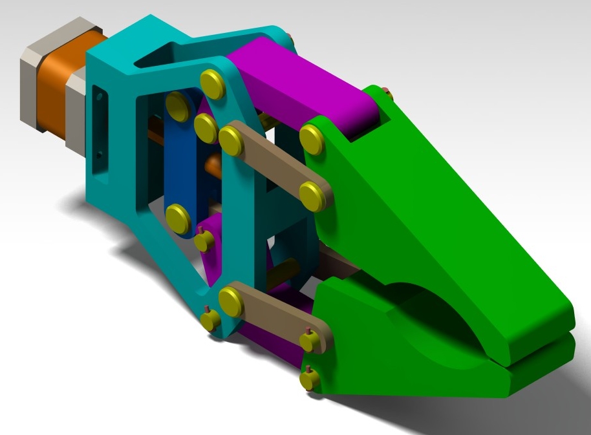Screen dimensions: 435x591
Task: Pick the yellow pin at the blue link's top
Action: pyautogui.click(x=176, y=103)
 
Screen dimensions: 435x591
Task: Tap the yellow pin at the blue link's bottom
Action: pyautogui.click(x=178, y=218)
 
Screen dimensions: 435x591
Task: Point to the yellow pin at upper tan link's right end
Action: pyautogui.click(x=313, y=195)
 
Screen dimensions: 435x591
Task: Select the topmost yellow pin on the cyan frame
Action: pyautogui.click(x=212, y=85)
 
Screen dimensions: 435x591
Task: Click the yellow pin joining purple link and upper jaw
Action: pyautogui.click(x=313, y=140)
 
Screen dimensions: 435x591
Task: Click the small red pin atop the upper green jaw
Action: pyautogui.click(x=386, y=91)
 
